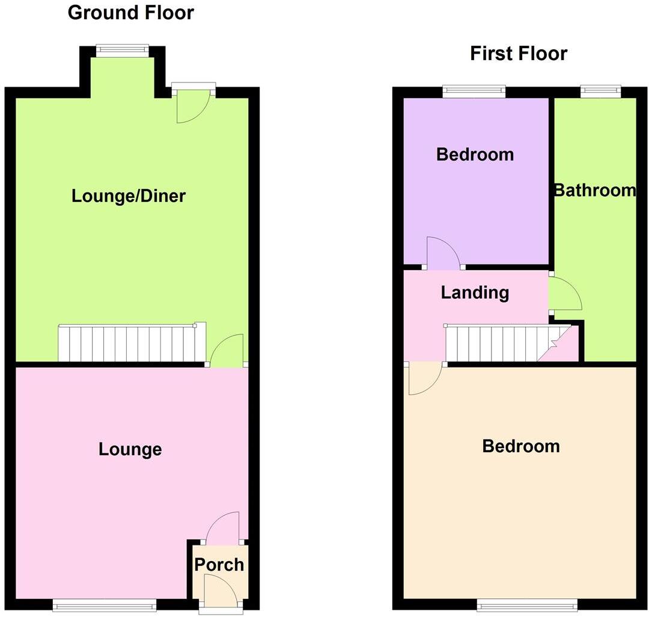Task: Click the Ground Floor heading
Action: [130, 13]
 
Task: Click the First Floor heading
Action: [518, 54]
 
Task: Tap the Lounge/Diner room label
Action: [129, 196]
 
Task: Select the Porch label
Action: [219, 565]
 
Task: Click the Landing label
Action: [475, 293]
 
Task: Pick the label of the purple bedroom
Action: [475, 155]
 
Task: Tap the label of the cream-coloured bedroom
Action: [521, 446]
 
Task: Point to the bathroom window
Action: [600, 91]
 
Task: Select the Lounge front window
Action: [105, 604]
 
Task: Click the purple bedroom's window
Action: [474, 91]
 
